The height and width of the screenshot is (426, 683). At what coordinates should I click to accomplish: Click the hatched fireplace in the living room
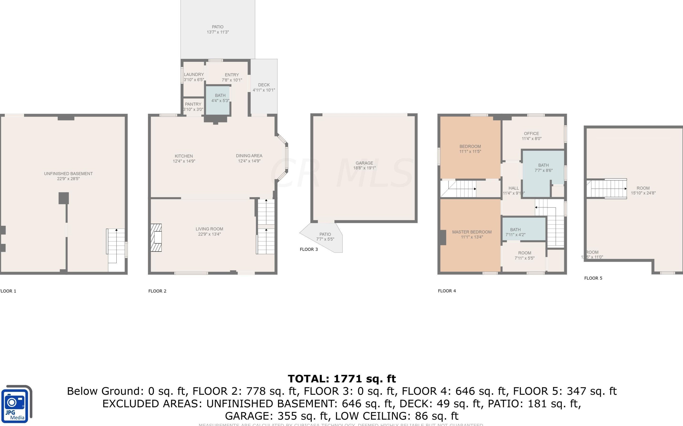tap(156, 237)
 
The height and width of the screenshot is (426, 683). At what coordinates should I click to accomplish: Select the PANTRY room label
tap(193, 104)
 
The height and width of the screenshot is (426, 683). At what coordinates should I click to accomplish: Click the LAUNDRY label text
tap(194, 74)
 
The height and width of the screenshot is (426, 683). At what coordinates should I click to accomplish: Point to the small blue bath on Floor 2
tap(218, 100)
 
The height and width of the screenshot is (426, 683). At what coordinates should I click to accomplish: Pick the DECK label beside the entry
tap(264, 85)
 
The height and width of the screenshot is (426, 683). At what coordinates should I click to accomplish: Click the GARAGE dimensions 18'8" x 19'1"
tap(364, 168)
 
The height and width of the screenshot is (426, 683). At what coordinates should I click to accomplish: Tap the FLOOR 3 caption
tap(309, 249)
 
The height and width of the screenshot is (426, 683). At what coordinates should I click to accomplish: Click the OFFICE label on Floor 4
tap(531, 134)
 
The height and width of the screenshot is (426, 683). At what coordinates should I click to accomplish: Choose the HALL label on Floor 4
tap(513, 188)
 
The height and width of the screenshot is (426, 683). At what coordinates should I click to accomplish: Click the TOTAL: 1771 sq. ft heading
tap(341, 379)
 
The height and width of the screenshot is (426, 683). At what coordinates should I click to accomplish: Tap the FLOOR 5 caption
tap(593, 278)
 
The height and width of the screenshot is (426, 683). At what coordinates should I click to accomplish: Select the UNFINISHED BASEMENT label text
tap(68, 174)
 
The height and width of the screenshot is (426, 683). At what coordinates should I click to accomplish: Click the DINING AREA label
tap(249, 156)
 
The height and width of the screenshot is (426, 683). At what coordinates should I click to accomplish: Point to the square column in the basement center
tap(64, 198)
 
